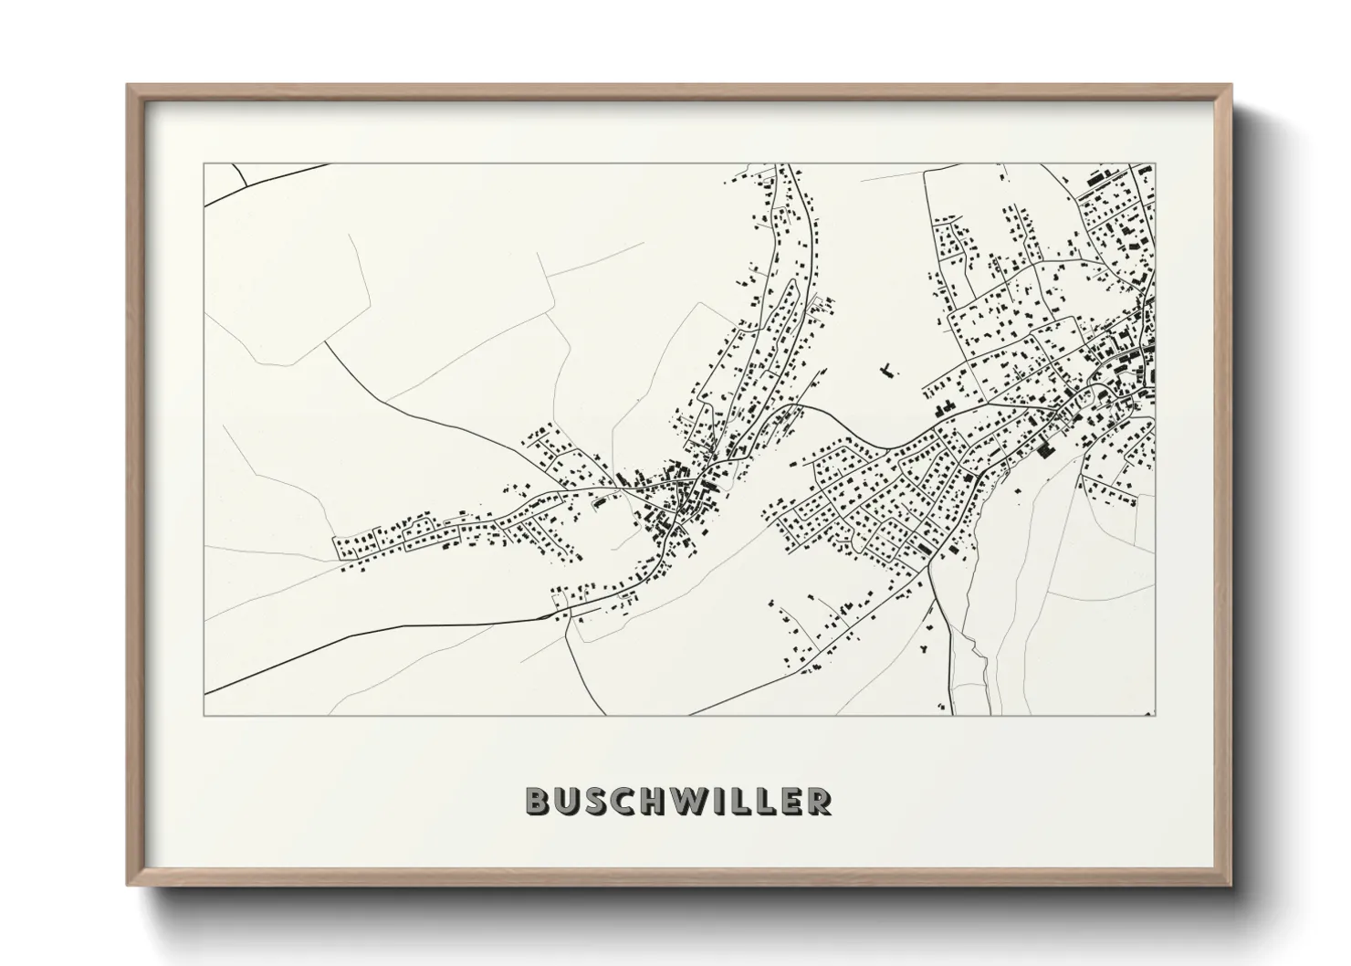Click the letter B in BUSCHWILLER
539,801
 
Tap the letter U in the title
567,801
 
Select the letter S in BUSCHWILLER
596,801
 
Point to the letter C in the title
624,801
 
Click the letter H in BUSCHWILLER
655,801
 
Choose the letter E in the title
790,801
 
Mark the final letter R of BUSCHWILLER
818,801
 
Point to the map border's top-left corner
204,164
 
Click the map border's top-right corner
1155,164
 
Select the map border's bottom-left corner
204,715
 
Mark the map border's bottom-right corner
1155,715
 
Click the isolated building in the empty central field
885,371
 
